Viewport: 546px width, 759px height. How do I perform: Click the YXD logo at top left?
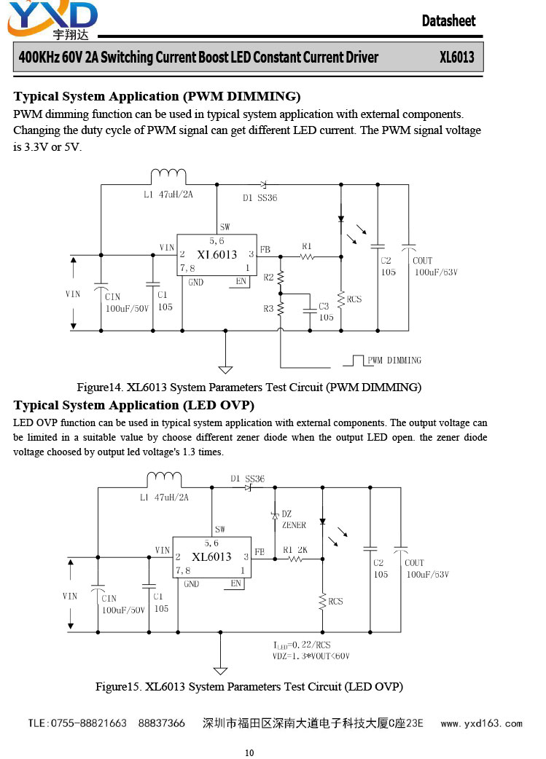click(52, 20)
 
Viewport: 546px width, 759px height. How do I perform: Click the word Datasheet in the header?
click(448, 21)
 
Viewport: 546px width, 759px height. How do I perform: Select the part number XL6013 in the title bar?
click(457, 57)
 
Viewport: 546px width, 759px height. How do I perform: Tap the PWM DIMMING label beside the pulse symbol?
click(394, 360)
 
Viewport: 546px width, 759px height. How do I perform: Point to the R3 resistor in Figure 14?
click(280, 309)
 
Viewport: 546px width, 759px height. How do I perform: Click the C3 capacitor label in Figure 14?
click(324, 306)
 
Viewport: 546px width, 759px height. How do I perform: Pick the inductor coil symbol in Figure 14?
click(168, 177)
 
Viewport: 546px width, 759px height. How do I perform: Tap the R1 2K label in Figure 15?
click(295, 550)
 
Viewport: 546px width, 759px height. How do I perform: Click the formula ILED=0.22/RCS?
click(302, 645)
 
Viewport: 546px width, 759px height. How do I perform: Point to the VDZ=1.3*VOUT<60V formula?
click(311, 656)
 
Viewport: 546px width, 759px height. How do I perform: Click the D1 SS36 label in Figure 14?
click(260, 198)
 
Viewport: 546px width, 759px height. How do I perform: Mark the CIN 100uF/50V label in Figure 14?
click(127, 302)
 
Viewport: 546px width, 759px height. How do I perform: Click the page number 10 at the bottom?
click(249, 752)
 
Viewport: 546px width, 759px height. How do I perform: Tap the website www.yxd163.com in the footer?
click(482, 723)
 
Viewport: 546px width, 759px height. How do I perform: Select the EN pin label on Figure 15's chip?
click(236, 583)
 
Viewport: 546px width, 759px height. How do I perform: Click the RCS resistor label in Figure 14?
click(354, 299)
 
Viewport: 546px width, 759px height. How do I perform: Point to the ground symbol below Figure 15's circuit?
click(220, 671)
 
